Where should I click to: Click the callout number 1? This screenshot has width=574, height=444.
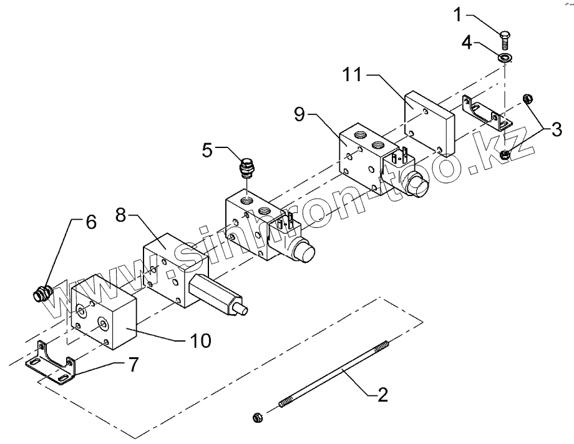[459, 14]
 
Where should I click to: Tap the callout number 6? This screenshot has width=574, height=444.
[91, 222]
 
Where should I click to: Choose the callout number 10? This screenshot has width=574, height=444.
[200, 340]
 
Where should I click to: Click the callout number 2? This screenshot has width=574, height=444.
[382, 394]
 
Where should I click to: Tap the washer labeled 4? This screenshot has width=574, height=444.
[505, 58]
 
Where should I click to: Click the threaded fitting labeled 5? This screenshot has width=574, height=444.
[248, 167]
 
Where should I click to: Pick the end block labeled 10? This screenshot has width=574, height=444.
[103, 312]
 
